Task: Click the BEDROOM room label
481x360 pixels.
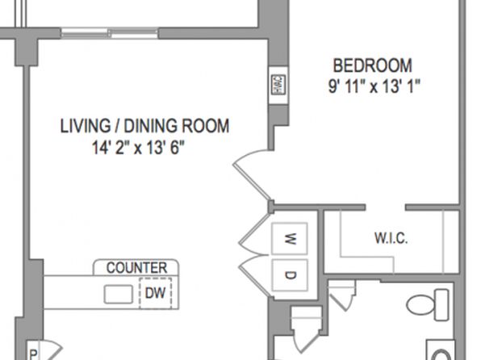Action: [372, 65]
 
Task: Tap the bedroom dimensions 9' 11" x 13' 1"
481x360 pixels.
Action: [374, 86]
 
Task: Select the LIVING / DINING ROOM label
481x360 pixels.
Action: [144, 126]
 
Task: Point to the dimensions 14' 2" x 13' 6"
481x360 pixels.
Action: [138, 148]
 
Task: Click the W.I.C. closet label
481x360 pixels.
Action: [391, 238]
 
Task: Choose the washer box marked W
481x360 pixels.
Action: [290, 238]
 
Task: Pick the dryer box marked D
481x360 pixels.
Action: [290, 275]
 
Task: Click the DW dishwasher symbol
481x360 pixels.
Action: [155, 293]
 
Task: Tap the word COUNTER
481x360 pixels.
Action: [137, 268]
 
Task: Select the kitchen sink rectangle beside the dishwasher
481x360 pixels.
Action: [119, 295]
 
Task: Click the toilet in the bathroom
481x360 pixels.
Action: [427, 305]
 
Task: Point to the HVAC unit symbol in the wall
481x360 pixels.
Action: [279, 85]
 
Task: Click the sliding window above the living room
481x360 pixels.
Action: [110, 33]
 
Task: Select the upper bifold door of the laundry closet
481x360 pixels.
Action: [254, 234]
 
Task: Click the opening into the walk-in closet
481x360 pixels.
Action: [385, 207]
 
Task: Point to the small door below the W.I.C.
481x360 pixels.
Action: [342, 295]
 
